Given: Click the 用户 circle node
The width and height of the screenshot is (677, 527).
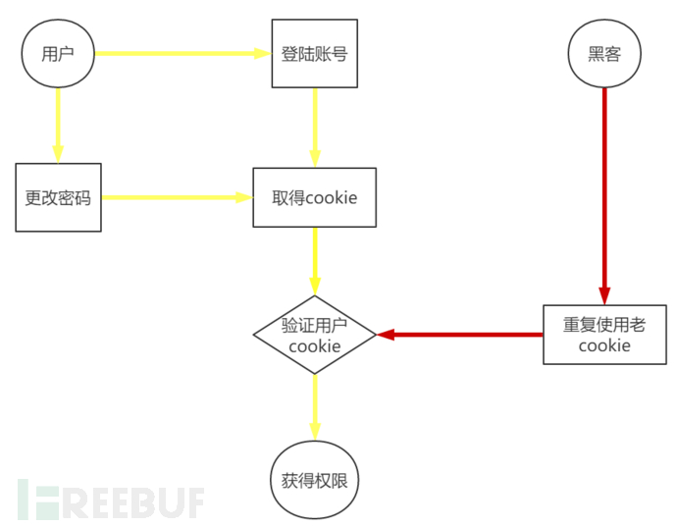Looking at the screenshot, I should [58, 53].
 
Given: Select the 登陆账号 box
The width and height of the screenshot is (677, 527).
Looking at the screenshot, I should [314, 53].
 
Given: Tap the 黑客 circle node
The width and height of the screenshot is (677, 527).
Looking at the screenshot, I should [604, 53].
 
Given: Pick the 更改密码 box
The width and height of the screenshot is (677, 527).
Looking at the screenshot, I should [58, 197].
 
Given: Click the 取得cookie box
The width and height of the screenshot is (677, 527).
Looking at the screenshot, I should [314, 197].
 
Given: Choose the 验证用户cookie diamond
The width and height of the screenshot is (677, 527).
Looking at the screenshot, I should [314, 335].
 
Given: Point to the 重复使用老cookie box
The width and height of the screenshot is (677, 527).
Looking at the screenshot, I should [604, 335].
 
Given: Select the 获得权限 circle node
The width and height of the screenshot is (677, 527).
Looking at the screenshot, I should [314, 481].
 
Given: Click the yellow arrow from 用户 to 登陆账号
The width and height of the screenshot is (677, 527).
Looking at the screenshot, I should [182, 53].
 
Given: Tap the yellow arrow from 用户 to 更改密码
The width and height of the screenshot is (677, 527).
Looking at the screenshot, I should [58, 124].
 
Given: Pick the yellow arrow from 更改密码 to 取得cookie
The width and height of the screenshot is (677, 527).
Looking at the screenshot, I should [177, 197].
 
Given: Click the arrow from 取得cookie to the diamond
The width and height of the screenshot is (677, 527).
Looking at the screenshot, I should [314, 261].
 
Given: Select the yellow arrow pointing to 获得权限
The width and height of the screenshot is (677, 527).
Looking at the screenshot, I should [314, 407].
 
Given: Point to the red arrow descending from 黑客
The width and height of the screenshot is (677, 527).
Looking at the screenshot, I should [604, 196].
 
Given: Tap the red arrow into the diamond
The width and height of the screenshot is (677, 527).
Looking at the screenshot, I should [461, 335].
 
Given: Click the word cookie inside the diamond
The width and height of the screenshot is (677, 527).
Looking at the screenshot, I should [314, 345].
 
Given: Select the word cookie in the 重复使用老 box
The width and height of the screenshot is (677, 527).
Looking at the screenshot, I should [604, 345].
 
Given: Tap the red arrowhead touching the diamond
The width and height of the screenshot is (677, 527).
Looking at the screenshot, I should [386, 335].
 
